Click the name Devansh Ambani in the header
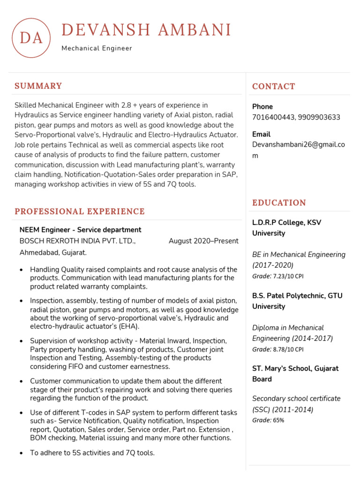146,30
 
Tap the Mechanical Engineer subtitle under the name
97,48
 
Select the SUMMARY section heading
38,86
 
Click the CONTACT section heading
274,86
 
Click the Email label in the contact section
261,134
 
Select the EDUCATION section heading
279,202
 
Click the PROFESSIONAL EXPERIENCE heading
80,211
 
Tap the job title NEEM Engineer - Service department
80,230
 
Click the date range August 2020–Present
203,241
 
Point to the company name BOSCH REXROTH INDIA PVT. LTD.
77,241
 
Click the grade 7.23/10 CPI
288,276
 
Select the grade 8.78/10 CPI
288,349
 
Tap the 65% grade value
278,420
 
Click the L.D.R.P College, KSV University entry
287,228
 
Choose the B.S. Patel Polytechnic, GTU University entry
297,301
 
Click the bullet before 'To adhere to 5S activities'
22,453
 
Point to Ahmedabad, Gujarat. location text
53,253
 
